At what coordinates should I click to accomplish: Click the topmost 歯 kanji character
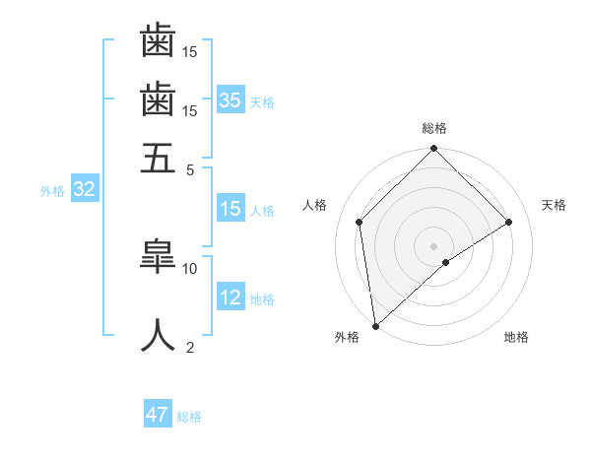pos(158,40)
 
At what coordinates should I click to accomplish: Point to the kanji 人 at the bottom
pos(158,335)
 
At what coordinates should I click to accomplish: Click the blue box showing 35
pos(230,99)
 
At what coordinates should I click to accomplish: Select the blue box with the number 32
pos(84,190)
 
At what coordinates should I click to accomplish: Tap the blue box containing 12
pos(230,298)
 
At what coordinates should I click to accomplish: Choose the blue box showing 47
pos(158,415)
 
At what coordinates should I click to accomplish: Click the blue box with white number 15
pos(230,209)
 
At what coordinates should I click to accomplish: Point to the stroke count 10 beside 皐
pos(190,267)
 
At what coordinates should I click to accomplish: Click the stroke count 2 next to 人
pos(190,347)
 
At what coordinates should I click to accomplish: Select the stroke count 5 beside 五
pos(190,168)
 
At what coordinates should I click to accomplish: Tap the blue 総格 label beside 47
pos(189,417)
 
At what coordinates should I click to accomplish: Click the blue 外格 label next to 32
pos(51,191)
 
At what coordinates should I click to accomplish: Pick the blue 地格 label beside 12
pos(262,299)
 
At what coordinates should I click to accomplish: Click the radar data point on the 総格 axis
pos(433,150)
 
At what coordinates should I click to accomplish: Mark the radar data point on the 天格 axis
pos(509,222)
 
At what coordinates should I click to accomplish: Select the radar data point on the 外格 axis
pos(375,325)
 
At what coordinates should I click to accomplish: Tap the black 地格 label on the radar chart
pos(516,337)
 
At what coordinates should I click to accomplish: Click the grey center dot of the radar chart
pos(433,245)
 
